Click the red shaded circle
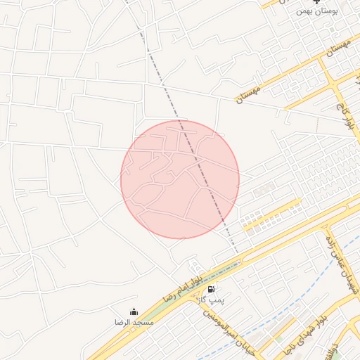pos(180,179)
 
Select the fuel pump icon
pos(211,288)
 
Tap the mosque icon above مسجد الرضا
pos(134,311)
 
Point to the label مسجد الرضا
pos(134,322)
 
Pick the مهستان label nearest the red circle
pos(248,94)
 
